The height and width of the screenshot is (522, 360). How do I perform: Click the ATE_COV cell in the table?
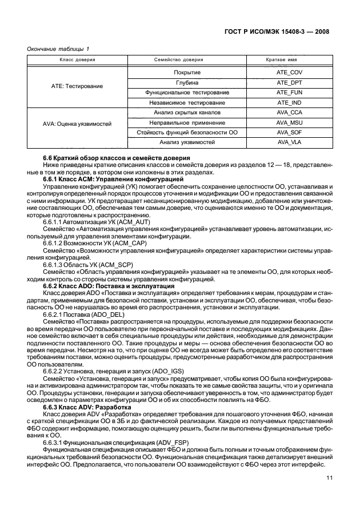pyautogui.click(x=289, y=73)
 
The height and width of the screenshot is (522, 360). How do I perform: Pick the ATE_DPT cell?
pyautogui.click(x=289, y=82)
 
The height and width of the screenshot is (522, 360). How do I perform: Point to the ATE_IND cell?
pyautogui.click(x=289, y=102)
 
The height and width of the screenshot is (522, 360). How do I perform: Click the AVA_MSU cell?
pyautogui.click(x=289, y=122)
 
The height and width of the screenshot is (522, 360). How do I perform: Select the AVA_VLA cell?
pyautogui.click(x=289, y=142)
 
